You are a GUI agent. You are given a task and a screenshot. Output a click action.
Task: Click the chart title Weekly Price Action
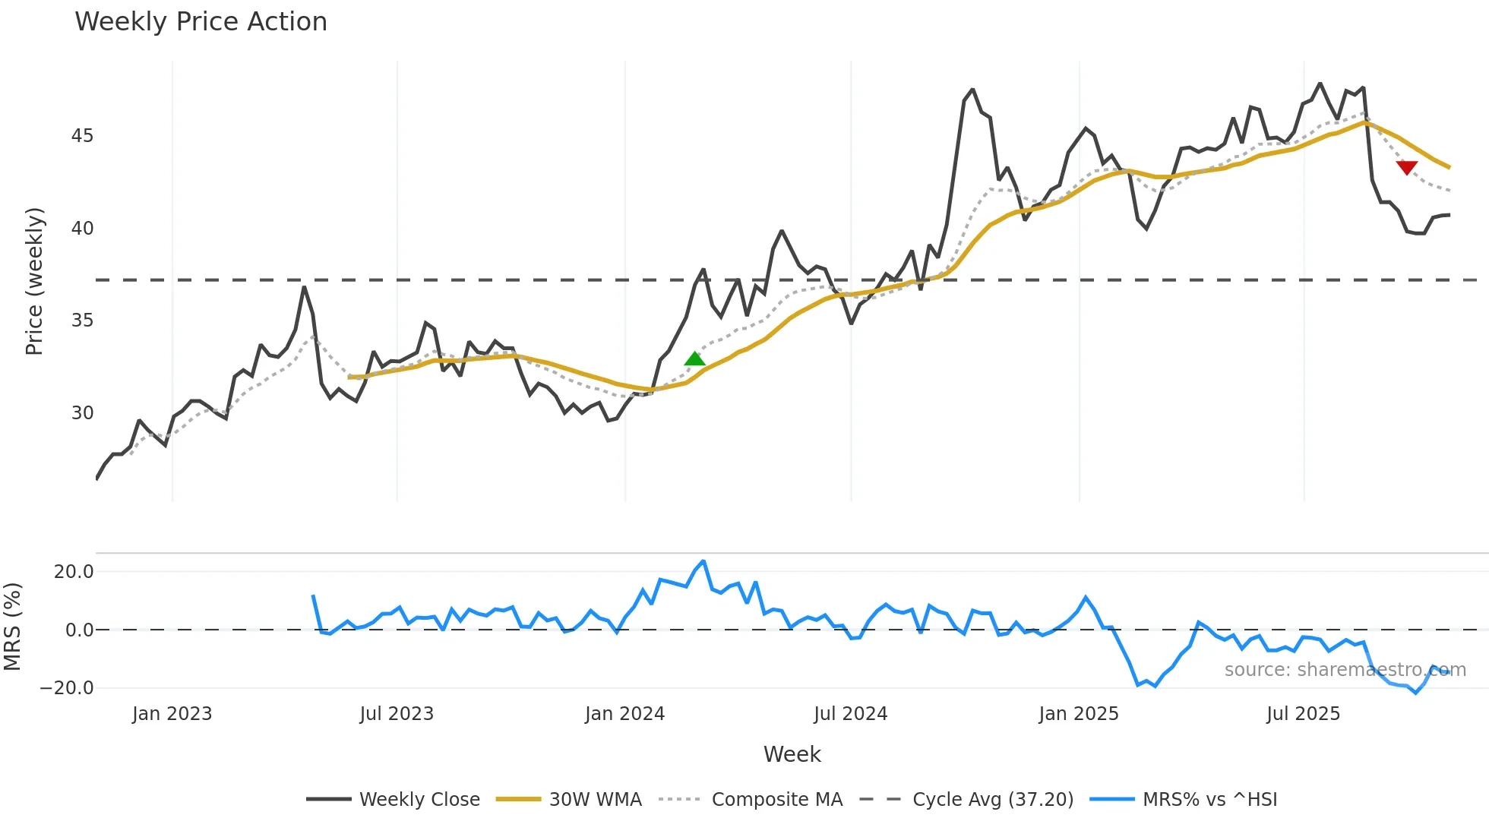[201, 22]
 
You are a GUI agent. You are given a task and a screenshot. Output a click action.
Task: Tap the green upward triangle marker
[694, 359]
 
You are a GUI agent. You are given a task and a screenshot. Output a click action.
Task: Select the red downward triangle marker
[1406, 167]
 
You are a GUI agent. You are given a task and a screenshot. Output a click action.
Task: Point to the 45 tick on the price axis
[82, 136]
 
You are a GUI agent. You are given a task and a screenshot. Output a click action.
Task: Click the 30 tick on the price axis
[82, 413]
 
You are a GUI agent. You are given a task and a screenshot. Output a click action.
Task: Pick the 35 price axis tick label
[82, 321]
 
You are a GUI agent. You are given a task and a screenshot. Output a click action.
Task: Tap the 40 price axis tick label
[82, 229]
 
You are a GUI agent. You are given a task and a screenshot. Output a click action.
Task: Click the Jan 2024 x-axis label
[624, 714]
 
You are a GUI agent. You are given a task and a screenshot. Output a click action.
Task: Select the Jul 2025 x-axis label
[1303, 714]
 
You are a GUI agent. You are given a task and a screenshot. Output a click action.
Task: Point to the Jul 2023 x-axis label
[397, 714]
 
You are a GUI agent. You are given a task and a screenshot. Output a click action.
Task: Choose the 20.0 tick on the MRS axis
[74, 572]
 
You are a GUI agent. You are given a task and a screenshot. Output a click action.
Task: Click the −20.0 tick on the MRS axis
[67, 688]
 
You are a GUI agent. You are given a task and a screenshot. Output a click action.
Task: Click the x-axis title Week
[792, 754]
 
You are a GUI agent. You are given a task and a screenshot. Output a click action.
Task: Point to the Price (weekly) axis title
[34, 281]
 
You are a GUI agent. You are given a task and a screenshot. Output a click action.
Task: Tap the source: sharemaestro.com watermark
[1345, 670]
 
